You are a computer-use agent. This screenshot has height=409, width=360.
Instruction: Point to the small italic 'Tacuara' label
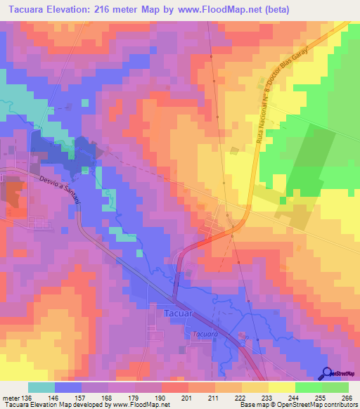coord(202,334)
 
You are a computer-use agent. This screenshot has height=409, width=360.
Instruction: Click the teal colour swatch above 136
coord(41,387)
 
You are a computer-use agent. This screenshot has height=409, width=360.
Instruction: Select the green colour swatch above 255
coord(309,387)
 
